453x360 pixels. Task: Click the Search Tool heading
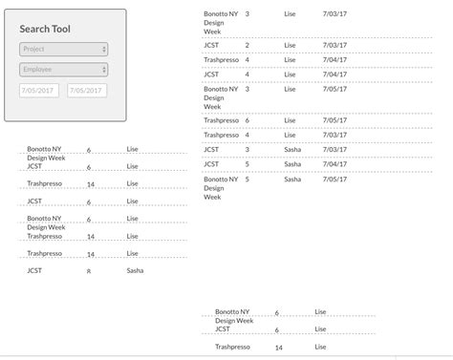point(45,29)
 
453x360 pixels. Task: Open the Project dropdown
point(62,49)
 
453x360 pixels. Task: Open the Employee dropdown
point(62,70)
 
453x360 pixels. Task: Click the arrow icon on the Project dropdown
point(103,49)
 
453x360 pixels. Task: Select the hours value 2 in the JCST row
point(248,45)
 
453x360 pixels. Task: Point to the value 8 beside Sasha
point(89,271)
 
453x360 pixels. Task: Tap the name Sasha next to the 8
point(135,271)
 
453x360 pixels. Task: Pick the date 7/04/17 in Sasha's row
point(334,164)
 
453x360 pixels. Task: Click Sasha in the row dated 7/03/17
point(292,149)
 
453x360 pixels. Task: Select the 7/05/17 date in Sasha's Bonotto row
point(334,179)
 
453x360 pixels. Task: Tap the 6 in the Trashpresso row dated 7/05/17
point(248,120)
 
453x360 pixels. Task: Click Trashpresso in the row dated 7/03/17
point(221,59)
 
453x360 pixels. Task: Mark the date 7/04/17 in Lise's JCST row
point(334,74)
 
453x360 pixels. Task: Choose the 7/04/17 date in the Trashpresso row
point(334,59)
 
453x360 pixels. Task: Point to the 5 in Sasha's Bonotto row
point(248,179)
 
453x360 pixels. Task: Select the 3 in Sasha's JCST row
point(248,149)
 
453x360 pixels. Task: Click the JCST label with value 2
point(211,45)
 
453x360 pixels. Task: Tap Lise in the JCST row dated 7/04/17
point(291,74)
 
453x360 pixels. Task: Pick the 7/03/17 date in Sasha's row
point(334,149)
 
